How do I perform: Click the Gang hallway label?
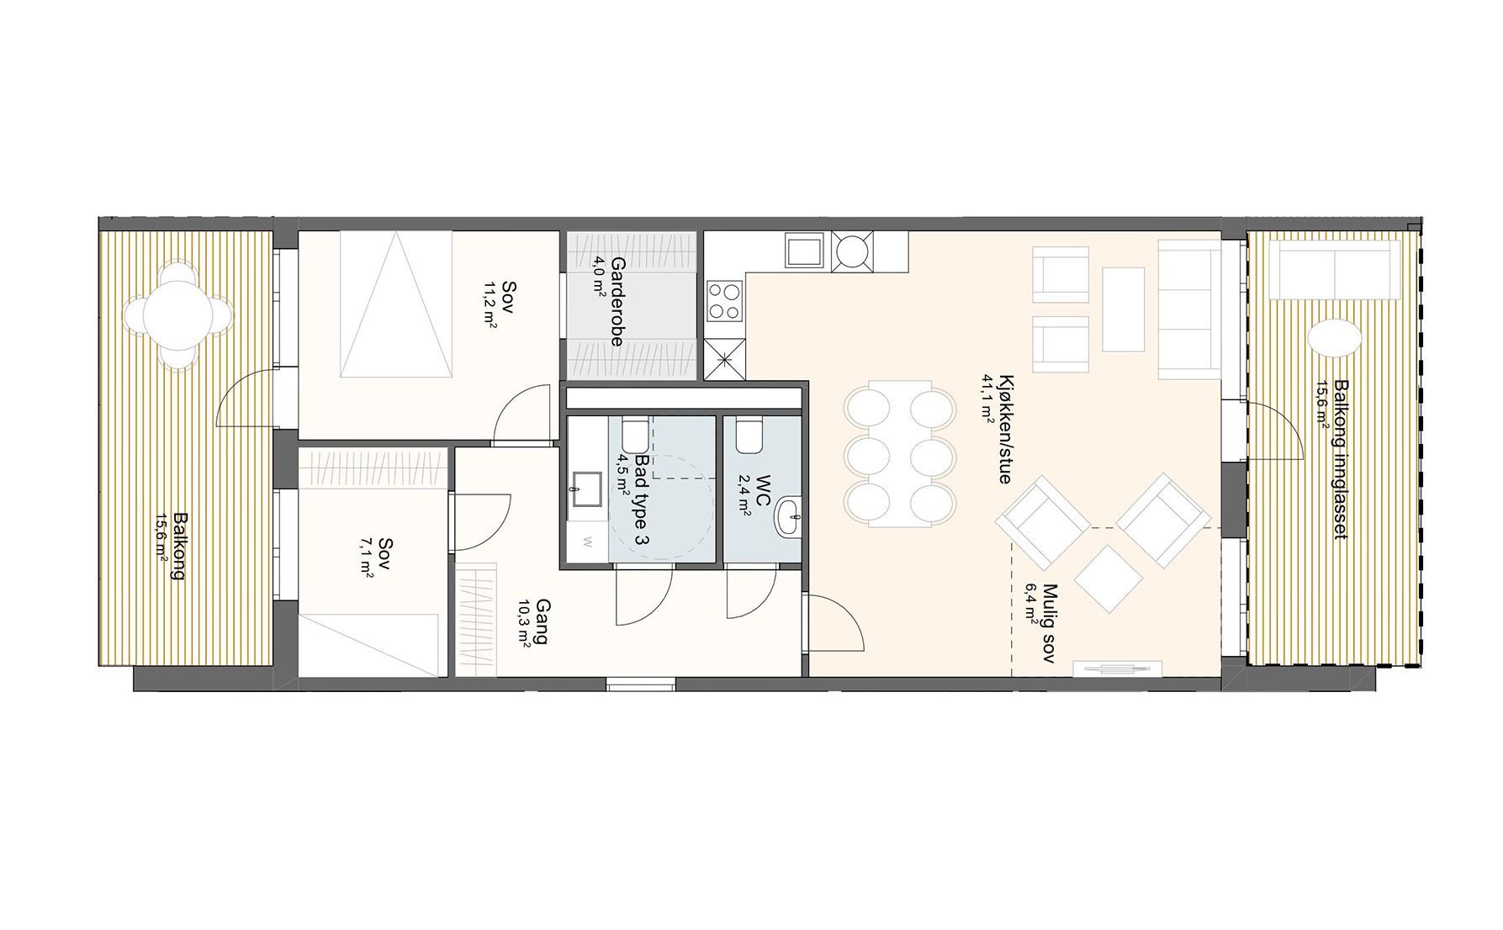tap(542, 621)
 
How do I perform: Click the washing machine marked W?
tap(587, 539)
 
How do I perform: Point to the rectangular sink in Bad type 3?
tap(584, 488)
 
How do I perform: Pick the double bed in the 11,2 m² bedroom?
tap(396, 305)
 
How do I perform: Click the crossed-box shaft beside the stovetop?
tap(725, 360)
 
